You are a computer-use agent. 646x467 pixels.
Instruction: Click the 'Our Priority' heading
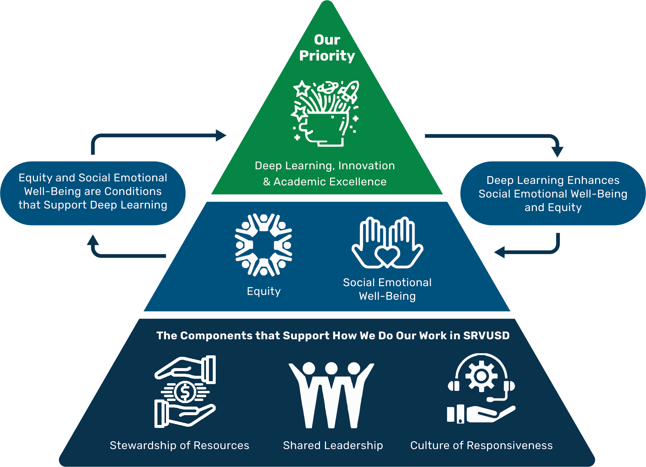point(327,48)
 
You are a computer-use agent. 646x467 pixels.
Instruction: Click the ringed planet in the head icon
point(328,87)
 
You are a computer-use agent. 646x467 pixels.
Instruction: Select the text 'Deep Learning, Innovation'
point(325,166)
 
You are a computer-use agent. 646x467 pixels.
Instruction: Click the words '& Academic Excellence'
point(325,182)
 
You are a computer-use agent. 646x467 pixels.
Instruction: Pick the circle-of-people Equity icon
point(263,245)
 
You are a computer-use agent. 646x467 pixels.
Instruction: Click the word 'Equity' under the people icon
point(264,291)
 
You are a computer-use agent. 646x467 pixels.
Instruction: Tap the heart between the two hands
point(387,255)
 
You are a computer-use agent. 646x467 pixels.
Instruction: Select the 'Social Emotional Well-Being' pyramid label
point(387,289)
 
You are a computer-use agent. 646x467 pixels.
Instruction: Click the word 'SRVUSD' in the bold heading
point(486,336)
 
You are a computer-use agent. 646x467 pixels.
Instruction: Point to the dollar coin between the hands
point(185,392)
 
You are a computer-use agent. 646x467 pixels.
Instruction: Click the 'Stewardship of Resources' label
point(179,445)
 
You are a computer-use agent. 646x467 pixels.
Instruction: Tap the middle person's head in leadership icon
point(331,368)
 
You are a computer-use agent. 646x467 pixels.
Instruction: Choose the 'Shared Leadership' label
point(333,445)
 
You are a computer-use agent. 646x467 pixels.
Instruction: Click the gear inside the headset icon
point(481,376)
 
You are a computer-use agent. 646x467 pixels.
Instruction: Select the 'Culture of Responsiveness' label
point(481,445)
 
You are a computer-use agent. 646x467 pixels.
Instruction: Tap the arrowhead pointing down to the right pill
point(558,152)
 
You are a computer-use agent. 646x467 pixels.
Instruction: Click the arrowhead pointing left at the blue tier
point(500,252)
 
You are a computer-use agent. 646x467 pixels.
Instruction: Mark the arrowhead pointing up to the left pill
point(93,240)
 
